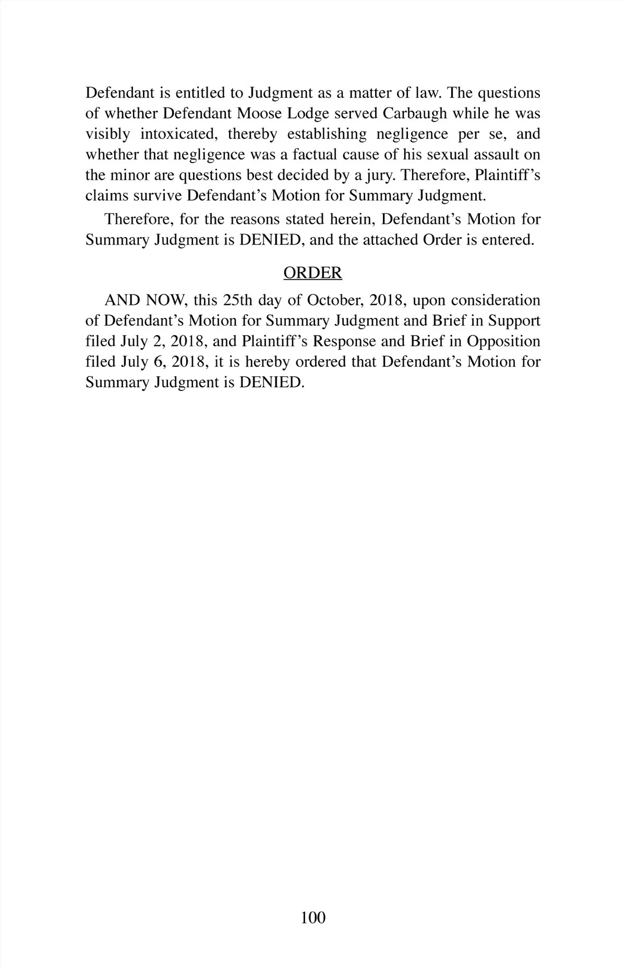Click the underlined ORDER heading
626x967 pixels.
tap(312, 273)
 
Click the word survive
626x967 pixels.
tap(159, 196)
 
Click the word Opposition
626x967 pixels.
tap(503, 341)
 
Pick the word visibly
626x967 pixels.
tap(107, 134)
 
